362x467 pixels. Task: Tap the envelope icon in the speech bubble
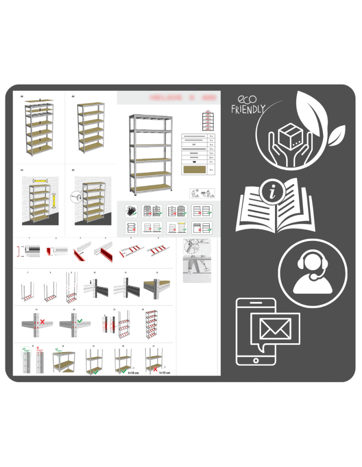[275, 330]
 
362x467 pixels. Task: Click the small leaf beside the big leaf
[336, 135]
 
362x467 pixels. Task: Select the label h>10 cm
[165, 373]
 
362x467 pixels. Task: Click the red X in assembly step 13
[42, 322]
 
